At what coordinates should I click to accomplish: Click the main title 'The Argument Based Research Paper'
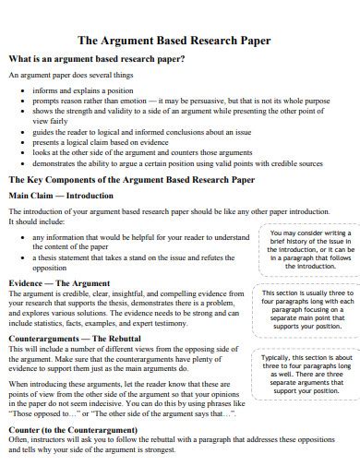[180, 41]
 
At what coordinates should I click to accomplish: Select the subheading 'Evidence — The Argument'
[58, 281]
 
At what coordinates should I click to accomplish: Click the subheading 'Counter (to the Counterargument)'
[73, 429]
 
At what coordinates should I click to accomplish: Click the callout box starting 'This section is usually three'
[307, 313]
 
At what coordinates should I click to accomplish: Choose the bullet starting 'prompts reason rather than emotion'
[180, 101]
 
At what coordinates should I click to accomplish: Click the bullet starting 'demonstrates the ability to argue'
[181, 162]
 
